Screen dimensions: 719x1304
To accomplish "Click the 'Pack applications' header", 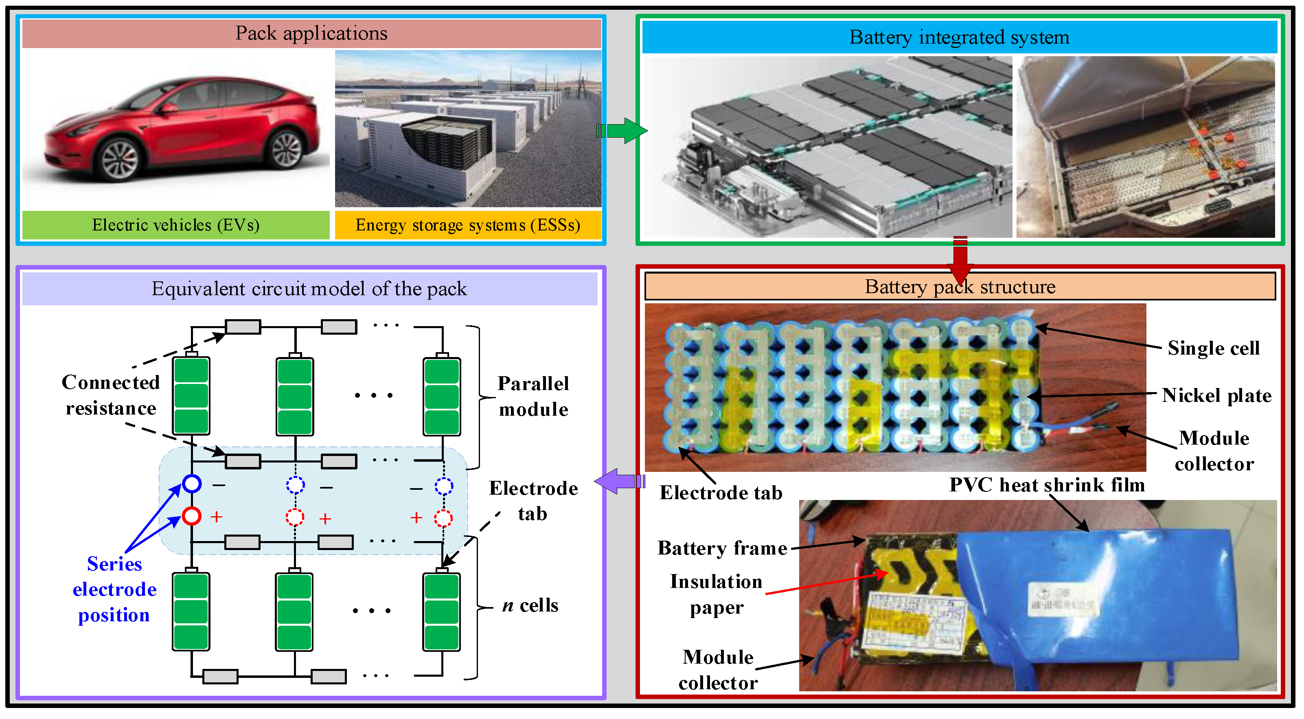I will (311, 33).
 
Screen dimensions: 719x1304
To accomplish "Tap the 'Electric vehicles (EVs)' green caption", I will (175, 225).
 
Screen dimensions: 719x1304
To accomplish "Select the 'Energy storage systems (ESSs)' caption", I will (468, 225).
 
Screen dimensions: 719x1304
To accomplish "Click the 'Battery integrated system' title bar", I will (959, 37).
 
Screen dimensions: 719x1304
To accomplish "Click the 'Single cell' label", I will (1213, 349).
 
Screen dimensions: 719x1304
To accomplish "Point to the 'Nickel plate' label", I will (1216, 395).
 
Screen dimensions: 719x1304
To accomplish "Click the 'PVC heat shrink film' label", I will (1047, 485).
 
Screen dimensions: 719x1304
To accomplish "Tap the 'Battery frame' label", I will (722, 548).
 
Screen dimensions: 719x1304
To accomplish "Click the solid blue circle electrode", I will (192, 484).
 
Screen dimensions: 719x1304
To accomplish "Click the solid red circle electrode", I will (192, 517).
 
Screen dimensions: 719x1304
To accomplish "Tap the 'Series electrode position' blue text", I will (114, 590).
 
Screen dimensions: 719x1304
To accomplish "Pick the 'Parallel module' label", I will (534, 397).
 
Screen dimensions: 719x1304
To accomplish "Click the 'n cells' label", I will (530, 605).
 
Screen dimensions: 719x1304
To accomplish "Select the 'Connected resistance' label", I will (111, 395).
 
